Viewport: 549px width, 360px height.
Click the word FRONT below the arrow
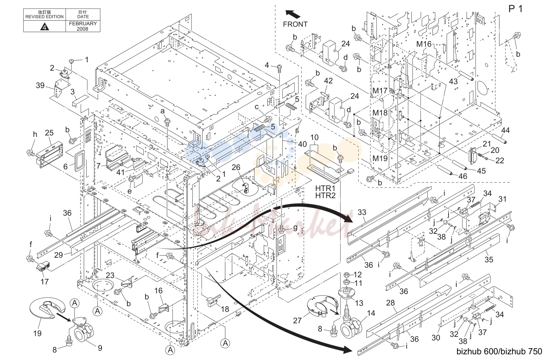click(x=295, y=24)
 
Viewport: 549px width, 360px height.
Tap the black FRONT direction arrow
click(x=293, y=14)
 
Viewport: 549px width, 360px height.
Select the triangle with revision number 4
click(x=45, y=26)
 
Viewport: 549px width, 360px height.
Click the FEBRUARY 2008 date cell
click(x=83, y=26)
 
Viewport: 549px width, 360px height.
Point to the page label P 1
click(x=515, y=9)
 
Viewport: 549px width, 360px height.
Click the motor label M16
click(x=424, y=44)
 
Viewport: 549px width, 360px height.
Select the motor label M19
click(x=380, y=159)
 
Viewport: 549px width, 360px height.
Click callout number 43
click(x=453, y=81)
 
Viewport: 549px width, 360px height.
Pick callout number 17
click(x=44, y=282)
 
